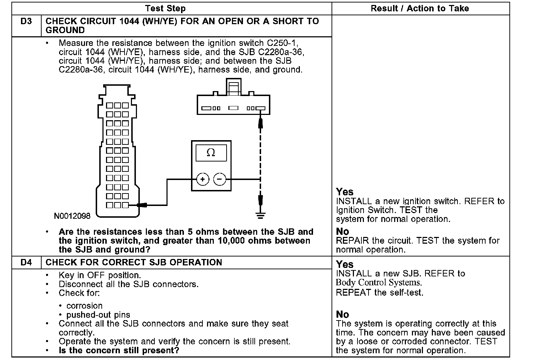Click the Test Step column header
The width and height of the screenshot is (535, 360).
[165, 9]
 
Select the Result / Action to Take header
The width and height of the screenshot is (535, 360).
[420, 9]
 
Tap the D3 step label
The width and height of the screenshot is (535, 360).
[26, 21]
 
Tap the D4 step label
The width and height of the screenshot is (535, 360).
[26, 263]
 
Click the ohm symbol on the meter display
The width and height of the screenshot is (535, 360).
[211, 153]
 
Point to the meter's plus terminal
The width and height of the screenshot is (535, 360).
[203, 179]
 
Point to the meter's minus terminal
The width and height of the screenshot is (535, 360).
[219, 179]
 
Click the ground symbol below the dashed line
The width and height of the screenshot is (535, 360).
[261, 215]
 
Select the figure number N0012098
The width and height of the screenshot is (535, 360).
[73, 216]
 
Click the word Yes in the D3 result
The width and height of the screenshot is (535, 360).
[345, 192]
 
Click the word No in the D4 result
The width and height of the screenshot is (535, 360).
[343, 314]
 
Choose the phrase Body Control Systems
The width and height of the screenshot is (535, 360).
[379, 283]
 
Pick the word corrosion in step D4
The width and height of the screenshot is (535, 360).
[85, 306]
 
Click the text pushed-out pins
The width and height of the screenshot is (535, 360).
[98, 315]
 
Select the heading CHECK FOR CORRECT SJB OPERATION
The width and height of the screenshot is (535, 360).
[134, 263]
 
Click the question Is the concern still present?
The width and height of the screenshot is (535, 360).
[119, 350]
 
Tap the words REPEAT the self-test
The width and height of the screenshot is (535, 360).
[380, 293]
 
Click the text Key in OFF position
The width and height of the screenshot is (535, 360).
[100, 275]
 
